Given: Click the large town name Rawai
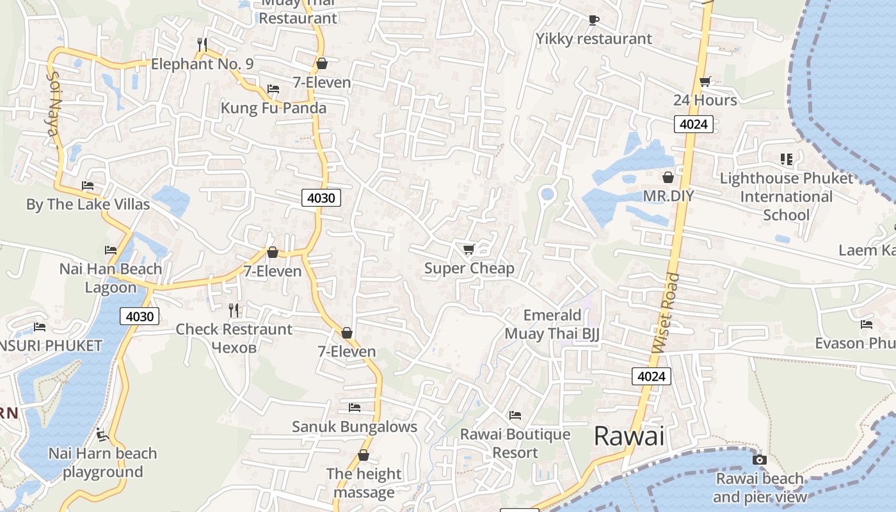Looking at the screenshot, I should (x=629, y=436).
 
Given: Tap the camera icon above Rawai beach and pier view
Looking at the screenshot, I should (x=760, y=460).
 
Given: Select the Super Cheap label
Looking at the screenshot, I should (x=469, y=268).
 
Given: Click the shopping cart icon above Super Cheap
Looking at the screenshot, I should (x=468, y=249).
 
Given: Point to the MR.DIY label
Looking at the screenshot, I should (x=668, y=196).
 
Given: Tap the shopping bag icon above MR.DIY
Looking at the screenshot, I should (x=668, y=177).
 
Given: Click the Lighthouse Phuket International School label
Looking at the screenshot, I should (x=786, y=196).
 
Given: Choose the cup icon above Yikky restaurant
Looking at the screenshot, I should (x=593, y=20).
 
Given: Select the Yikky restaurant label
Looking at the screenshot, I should (x=593, y=38).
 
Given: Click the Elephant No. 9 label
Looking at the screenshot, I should (x=202, y=64).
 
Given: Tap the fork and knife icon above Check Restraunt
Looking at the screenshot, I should (x=234, y=310).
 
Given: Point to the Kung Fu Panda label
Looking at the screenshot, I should (x=273, y=108).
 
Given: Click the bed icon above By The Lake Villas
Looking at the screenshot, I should (x=88, y=186).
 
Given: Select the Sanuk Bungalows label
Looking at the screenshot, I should (x=354, y=426).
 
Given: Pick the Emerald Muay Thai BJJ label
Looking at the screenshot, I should (x=552, y=324).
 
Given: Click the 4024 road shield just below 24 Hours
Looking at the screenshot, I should (x=693, y=124).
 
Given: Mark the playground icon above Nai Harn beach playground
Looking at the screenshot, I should (x=102, y=435).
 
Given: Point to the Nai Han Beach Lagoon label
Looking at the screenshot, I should (x=110, y=278).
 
